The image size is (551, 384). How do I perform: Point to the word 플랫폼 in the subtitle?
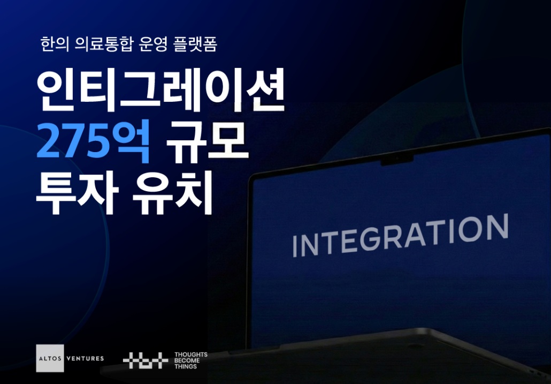(195, 44)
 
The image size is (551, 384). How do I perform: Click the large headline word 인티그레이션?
(160, 91)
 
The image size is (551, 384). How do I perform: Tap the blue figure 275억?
(93, 142)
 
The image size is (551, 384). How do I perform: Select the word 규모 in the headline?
(208, 142)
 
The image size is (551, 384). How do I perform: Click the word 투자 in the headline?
(78, 192)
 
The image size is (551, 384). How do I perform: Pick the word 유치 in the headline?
(173, 192)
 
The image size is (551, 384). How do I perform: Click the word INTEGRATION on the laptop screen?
(401, 235)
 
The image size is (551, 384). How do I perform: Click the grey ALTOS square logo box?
(50, 358)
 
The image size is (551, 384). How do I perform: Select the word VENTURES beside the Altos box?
(85, 358)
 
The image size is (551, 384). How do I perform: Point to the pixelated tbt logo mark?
(146, 360)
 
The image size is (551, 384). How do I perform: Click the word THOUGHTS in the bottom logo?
(191, 355)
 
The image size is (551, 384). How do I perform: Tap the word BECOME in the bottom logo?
(187, 360)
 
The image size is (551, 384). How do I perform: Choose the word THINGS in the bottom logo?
(186, 366)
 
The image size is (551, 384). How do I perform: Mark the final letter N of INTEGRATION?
(497, 227)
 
